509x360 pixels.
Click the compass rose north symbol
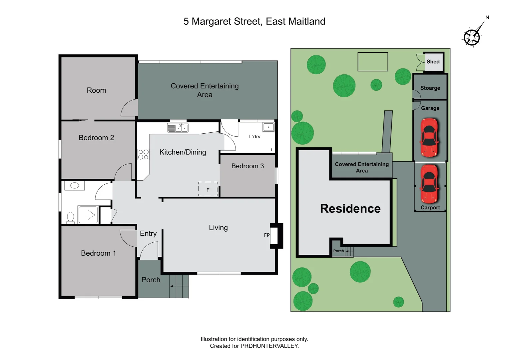tap(472, 37)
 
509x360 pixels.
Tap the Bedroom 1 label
tap(98, 253)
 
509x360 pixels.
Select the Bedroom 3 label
tap(248, 166)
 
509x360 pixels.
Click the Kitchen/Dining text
tap(183, 152)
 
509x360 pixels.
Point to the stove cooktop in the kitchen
tap(144, 155)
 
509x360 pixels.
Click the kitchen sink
tap(178, 128)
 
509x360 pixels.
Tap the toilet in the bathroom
tap(70, 217)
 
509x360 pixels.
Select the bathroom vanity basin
tap(75, 185)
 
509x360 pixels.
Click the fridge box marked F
tap(208, 189)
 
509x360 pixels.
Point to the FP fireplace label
tap(267, 235)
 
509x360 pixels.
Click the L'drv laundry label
tap(254, 137)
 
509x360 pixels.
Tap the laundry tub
tap(268, 127)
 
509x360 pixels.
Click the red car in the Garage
tap(429, 137)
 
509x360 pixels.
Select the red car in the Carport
tap(429, 184)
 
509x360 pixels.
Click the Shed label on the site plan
tap(433, 62)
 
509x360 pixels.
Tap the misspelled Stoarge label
tap(430, 88)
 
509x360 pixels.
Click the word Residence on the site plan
tap(350, 209)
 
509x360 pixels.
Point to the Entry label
tap(148, 234)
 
